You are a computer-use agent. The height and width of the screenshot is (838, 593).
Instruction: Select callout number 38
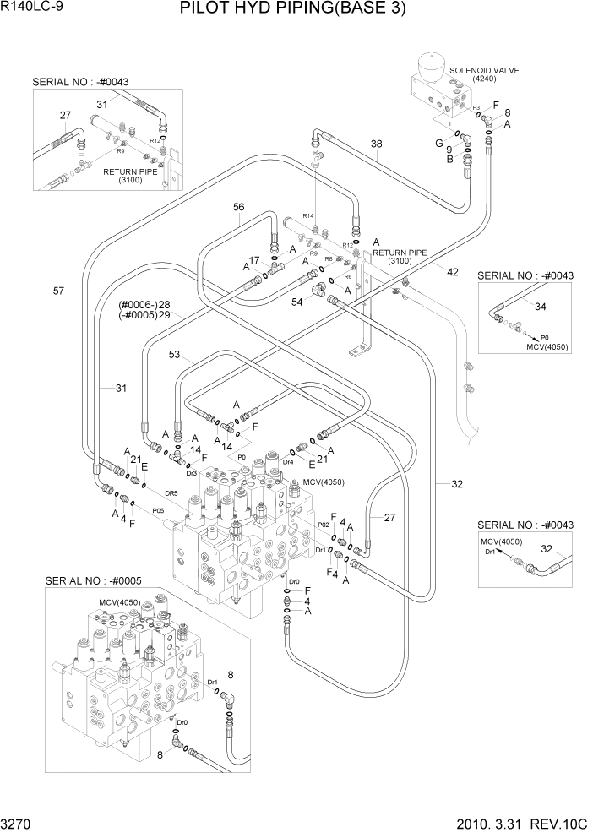coord(377,144)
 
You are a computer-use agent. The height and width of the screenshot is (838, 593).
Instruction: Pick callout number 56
coord(238,207)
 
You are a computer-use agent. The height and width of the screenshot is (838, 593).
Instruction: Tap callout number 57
coord(58,291)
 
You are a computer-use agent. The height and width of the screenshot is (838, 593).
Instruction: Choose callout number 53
coord(175,355)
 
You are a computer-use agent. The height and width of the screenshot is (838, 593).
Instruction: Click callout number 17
coord(253,260)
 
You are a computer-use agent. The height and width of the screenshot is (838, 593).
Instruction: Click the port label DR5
coord(171,493)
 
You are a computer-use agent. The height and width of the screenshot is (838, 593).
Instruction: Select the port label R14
coord(308,216)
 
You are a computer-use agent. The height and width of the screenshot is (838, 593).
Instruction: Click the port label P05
coord(158,510)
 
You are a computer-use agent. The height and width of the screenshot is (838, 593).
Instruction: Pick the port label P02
coord(323,525)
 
